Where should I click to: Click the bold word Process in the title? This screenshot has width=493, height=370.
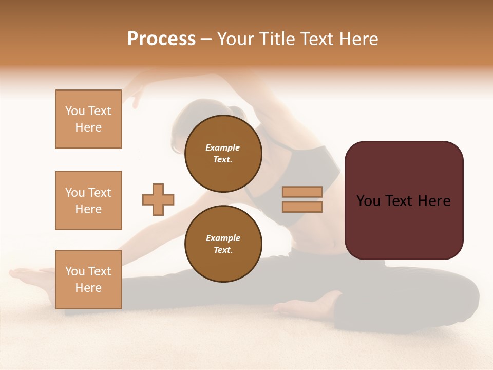pos(161,39)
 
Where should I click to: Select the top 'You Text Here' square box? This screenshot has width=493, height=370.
pos(88,119)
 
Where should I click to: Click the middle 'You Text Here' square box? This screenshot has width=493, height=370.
pos(88,200)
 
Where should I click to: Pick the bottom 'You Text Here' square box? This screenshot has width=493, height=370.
pos(88,280)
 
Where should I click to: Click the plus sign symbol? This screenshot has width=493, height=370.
pos(158,199)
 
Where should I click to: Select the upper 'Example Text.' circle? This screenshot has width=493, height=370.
pos(223,153)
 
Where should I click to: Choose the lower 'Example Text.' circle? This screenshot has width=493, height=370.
pos(223,244)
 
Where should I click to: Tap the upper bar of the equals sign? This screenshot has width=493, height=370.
pos(302,192)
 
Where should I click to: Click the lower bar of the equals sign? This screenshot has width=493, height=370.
pos(302,207)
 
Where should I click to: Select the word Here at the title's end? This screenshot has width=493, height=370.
pos(358,39)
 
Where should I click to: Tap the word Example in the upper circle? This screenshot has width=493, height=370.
pos(223,147)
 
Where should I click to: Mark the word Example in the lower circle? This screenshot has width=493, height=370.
pos(223,238)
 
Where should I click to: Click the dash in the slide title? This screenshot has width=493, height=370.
pos(206,39)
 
